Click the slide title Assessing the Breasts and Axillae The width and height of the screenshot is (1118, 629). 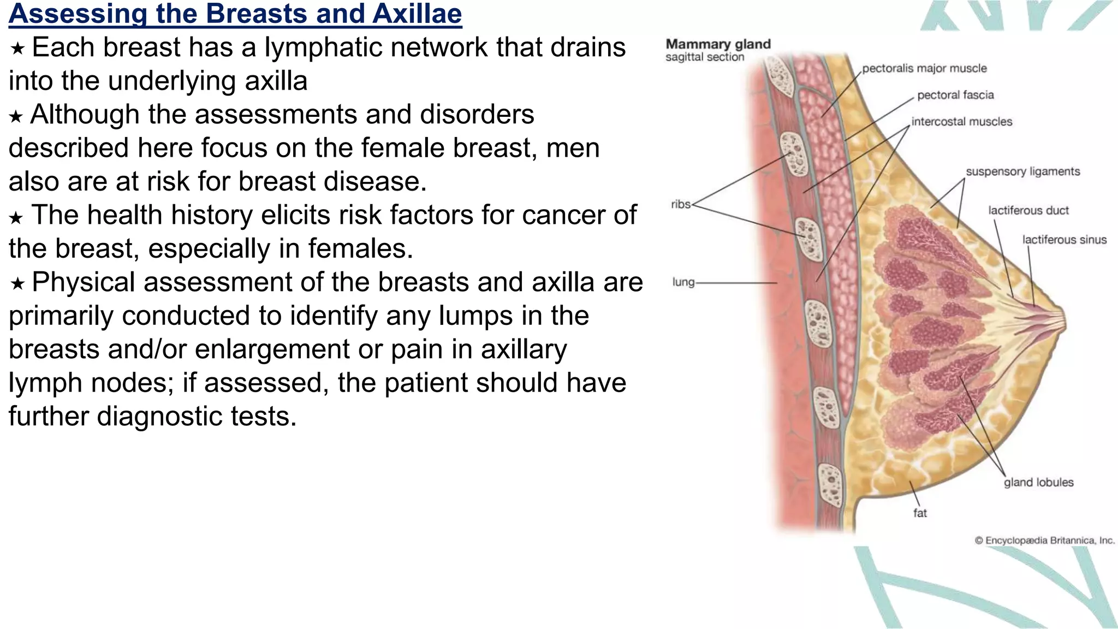[235, 14]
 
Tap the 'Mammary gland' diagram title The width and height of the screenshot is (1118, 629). [718, 44]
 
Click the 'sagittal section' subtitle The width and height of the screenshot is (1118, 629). [704, 57]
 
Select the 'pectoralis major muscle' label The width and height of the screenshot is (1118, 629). [924, 69]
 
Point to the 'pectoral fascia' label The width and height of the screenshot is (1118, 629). [955, 96]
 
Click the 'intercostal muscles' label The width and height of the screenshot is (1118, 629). [961, 122]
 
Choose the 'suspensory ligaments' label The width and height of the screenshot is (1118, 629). [1022, 172]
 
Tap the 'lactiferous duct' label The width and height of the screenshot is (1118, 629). [1028, 211]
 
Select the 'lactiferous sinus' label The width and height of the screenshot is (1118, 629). [1064, 240]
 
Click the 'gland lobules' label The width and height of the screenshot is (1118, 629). [1038, 483]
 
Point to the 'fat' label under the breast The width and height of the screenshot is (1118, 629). [920, 513]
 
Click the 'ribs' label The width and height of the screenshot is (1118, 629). [680, 205]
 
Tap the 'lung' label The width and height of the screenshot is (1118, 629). [683, 282]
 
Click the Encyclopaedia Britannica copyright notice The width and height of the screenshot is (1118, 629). [1044, 541]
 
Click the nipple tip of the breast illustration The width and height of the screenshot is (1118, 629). [1064, 321]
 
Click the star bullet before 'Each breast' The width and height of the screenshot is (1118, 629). [17, 49]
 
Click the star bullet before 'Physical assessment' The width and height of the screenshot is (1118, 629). [17, 284]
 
